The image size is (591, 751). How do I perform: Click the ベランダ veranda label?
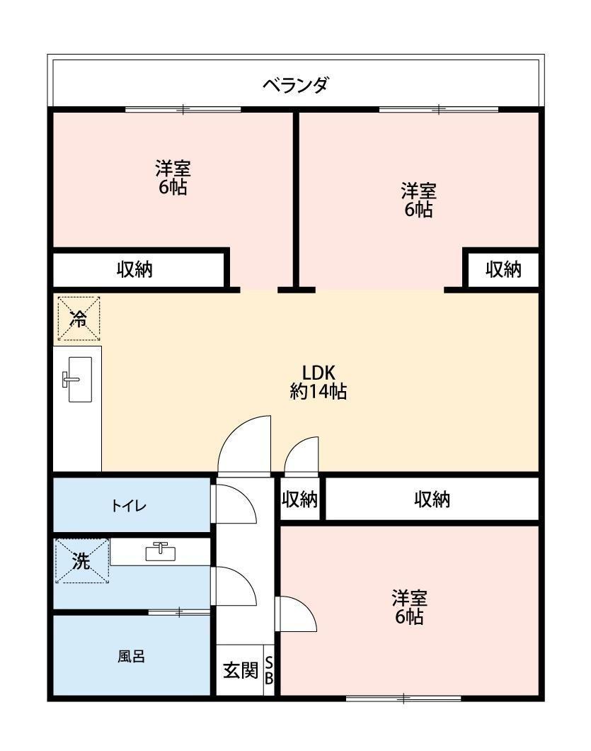pos(295,85)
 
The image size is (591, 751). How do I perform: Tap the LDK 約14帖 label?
pos(319,382)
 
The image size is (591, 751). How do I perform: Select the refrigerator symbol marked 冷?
pos(79,319)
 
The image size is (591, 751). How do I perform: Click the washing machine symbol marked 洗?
pos(82,561)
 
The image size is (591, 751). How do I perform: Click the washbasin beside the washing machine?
pos(161,551)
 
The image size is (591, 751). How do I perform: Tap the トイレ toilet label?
pos(129,505)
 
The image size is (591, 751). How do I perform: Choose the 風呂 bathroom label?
pos(131,655)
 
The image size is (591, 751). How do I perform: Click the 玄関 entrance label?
pos(241,670)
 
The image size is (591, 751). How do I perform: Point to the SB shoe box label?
pos(269,670)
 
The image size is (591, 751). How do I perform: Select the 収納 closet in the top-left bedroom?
pos(135,269)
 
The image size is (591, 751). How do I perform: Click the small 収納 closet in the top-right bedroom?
pos(503,270)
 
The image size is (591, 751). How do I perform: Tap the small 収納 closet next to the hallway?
pos(299,499)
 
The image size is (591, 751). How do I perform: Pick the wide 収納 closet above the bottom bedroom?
pos(432,499)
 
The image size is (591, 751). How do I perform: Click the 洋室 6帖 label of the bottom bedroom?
pos(410,607)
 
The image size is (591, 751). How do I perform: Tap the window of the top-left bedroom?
pos(183,110)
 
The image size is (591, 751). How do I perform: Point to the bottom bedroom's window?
pos(403,699)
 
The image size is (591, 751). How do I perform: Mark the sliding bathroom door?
pos(180,611)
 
